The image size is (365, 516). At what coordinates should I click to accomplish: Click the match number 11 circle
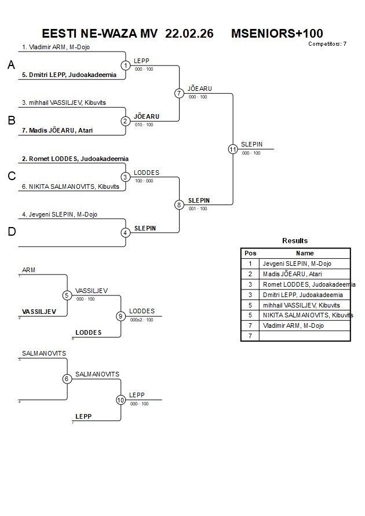[233, 149]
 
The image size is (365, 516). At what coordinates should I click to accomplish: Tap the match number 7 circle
[179, 93]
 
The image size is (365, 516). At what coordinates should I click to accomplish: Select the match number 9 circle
[121, 316]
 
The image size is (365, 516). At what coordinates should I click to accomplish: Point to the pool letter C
[11, 177]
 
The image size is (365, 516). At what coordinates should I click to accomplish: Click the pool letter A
[11, 65]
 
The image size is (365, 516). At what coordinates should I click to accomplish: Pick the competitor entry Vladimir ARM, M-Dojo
[56, 47]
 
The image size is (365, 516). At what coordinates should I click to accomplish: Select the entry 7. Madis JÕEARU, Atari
[57, 130]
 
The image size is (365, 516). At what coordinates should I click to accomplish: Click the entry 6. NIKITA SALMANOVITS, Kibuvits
[70, 186]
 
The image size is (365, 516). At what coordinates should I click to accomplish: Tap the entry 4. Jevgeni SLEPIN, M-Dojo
[60, 214]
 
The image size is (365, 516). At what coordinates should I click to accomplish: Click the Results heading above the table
[295, 241]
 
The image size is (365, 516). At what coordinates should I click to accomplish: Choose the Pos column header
[250, 253]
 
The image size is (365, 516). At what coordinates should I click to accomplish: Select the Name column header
[304, 253]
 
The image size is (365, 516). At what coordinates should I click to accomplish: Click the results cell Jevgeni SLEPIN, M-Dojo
[297, 264]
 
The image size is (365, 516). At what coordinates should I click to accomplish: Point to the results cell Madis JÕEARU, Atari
[292, 274]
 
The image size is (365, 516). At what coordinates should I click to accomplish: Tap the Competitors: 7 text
[327, 44]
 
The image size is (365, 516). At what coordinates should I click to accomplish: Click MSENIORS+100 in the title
[277, 34]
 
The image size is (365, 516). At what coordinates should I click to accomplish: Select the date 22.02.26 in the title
[189, 34]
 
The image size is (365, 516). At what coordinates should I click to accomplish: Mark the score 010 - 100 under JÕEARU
[144, 125]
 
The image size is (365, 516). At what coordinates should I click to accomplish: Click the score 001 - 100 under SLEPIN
[198, 208]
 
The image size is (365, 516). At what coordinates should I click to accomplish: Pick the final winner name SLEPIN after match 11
[251, 144]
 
